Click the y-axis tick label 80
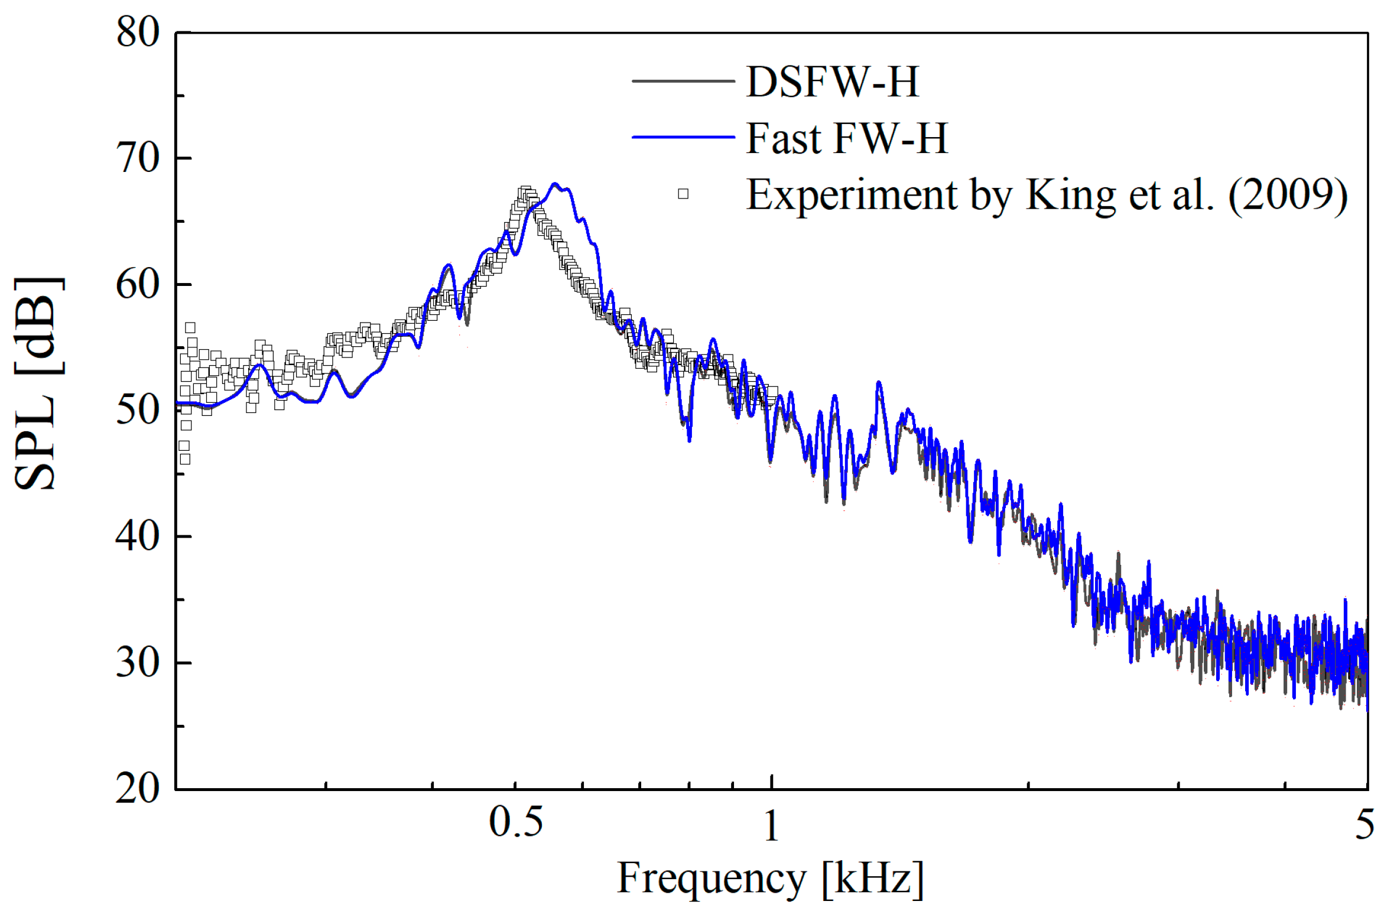coord(138,32)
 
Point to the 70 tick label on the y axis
coord(138,158)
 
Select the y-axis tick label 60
coord(138,284)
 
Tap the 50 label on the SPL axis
coord(138,410)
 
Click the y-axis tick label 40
coord(138,536)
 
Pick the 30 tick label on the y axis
coord(138,662)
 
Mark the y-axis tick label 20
coord(138,788)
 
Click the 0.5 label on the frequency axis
coord(515,822)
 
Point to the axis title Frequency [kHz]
coord(770,879)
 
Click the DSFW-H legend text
coord(833,82)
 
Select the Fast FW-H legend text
coord(847,138)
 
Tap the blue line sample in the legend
coord(683,137)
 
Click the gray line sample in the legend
coord(683,81)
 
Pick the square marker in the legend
coord(683,194)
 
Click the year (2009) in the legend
coord(1288,195)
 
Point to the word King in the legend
coord(1070,195)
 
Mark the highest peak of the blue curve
coord(554,184)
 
